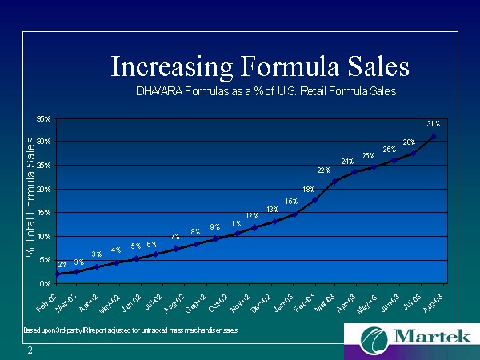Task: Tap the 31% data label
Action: pos(433,124)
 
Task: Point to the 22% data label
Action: pos(324,170)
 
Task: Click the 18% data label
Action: pos(308,189)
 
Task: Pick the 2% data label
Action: pos(62,264)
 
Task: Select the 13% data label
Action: pos(273,209)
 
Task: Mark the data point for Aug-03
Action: pos(433,137)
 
